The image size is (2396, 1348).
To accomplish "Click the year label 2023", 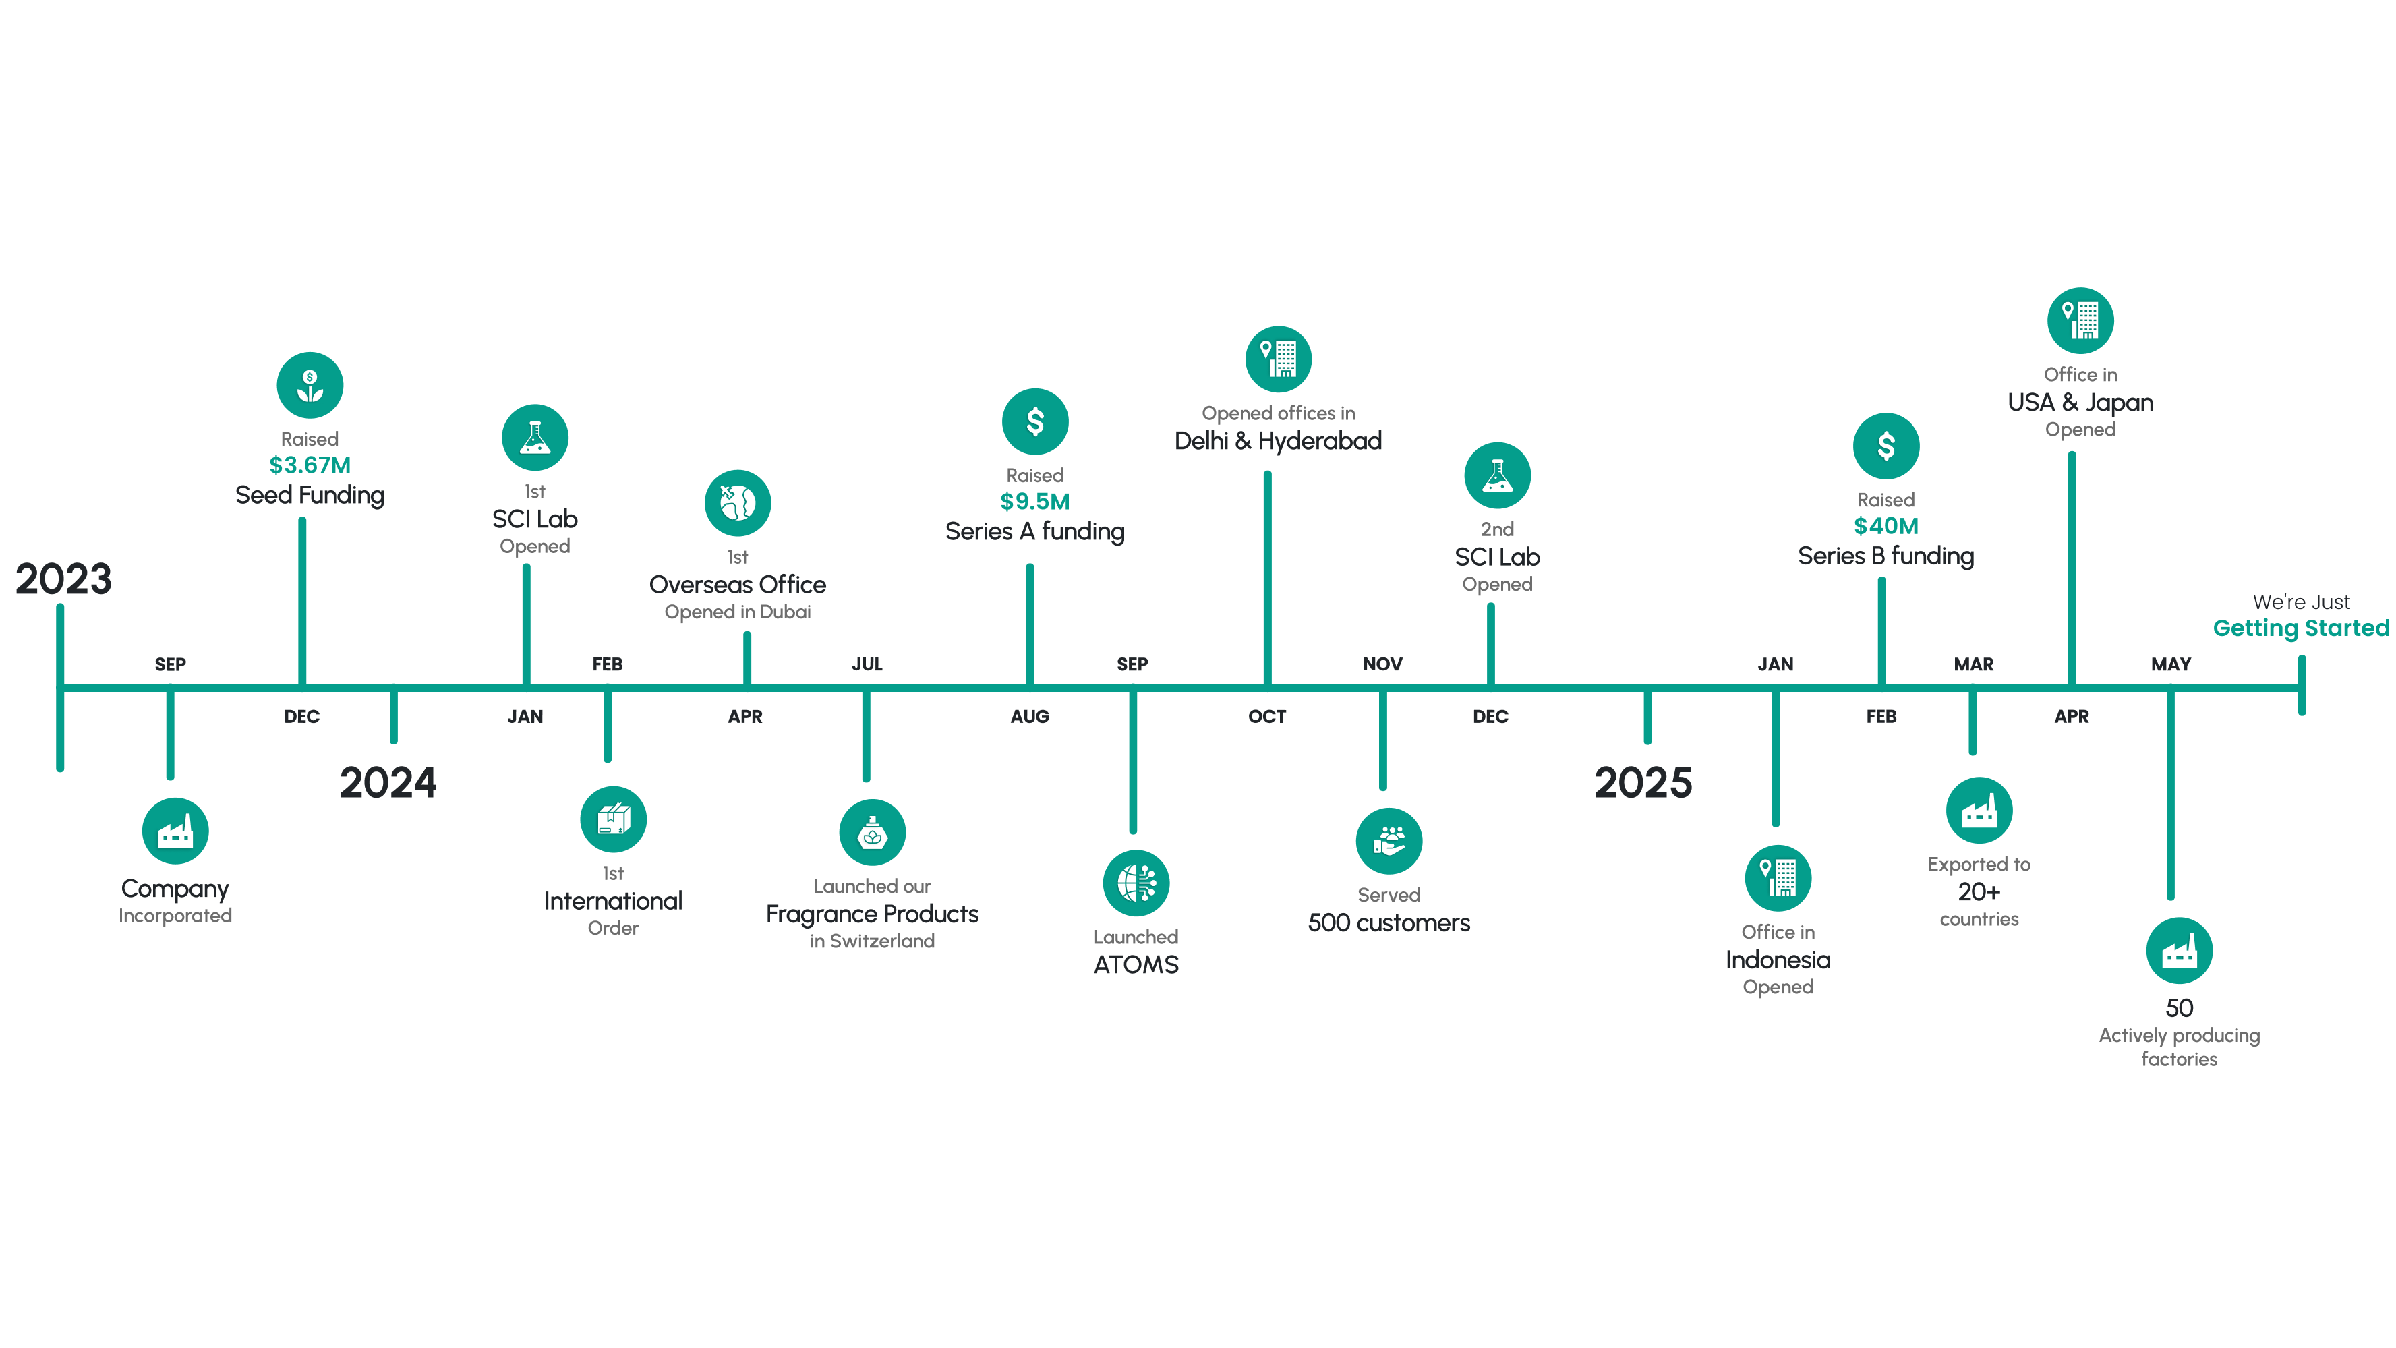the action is (x=63, y=579).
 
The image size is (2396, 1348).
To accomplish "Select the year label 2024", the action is (x=388, y=782).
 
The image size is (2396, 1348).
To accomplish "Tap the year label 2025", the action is (x=1643, y=782).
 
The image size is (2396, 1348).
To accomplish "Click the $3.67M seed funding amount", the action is (x=310, y=465).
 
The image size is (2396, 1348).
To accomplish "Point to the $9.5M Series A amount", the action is (x=1035, y=502).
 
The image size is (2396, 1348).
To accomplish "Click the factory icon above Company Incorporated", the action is (x=175, y=831).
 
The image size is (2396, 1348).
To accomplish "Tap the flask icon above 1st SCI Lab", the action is (x=535, y=437).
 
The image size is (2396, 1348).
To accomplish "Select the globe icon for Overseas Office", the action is (x=738, y=503).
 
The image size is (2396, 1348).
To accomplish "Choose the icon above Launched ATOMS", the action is (x=1136, y=883).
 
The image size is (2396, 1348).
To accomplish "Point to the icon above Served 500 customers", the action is (x=1389, y=841).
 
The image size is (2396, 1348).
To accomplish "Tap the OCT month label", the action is (x=1267, y=716).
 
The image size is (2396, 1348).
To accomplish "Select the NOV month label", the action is (x=1382, y=664).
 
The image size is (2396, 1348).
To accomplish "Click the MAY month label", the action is (x=2171, y=664).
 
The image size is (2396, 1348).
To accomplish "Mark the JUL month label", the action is (x=867, y=664).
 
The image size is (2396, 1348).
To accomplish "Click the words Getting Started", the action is (x=2301, y=628).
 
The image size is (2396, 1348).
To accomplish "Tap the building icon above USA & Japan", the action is (x=2080, y=320).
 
